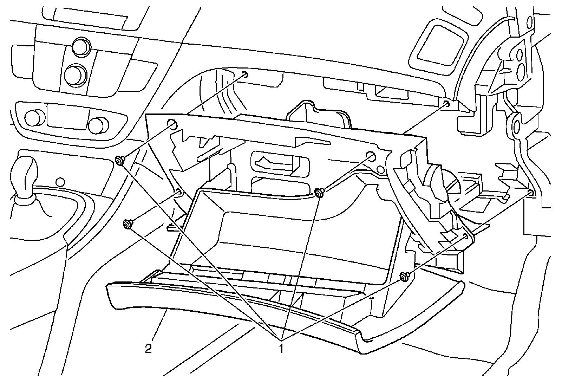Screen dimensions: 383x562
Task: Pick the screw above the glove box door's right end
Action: click(404, 277)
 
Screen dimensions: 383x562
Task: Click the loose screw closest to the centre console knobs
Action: click(119, 161)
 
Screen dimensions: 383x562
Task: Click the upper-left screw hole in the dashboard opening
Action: click(245, 74)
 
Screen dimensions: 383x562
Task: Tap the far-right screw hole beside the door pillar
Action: click(531, 192)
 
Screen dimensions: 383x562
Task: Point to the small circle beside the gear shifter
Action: click(60, 181)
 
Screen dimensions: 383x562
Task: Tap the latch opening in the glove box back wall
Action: click(280, 163)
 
